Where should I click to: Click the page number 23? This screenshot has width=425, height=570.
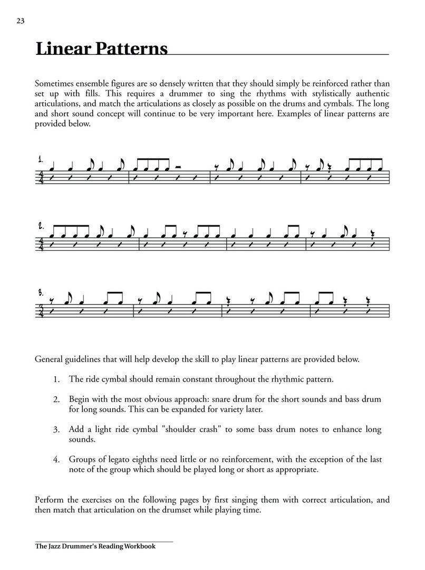point(21,21)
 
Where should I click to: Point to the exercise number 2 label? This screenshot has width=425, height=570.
point(40,226)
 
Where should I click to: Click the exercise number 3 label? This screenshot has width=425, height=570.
point(40,291)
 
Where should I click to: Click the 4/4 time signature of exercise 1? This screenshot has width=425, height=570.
point(41,177)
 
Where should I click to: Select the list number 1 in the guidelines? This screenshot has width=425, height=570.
point(56,379)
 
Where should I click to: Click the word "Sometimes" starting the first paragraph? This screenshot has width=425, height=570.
point(54,83)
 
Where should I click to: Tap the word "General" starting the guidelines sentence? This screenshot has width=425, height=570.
point(49,359)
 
